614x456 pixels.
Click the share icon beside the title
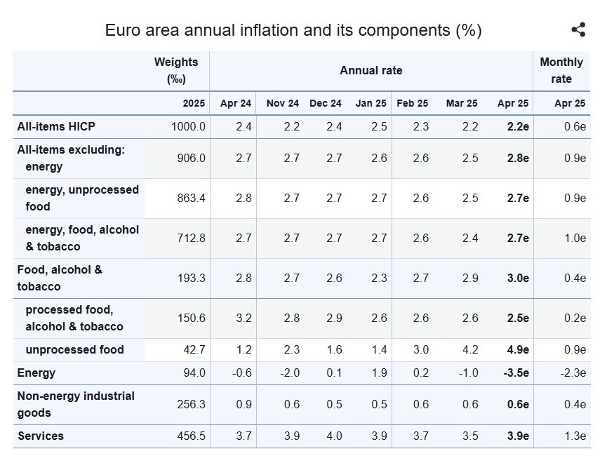tap(578, 29)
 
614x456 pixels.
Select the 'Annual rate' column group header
tap(371, 70)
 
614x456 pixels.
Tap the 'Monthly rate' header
tap(561, 70)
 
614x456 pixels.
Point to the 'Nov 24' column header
tap(282, 103)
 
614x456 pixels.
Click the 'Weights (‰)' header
tap(176, 70)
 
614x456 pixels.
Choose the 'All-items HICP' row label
tap(56, 126)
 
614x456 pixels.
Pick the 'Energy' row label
tap(36, 373)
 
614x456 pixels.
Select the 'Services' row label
tap(41, 436)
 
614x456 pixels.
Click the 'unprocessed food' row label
tap(74, 349)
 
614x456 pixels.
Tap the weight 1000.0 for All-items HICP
tap(188, 126)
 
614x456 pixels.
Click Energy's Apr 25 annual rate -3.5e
tap(516, 373)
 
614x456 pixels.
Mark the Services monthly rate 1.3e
tap(575, 436)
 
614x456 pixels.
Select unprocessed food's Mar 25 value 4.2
tap(470, 349)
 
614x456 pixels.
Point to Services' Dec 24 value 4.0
tap(334, 436)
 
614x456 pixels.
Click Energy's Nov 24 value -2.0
tap(290, 373)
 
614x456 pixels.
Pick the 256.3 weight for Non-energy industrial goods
tap(191, 404)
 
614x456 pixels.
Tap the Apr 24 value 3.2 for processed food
tap(243, 318)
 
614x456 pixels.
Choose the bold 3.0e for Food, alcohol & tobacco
tap(518, 278)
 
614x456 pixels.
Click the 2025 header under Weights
tap(194, 103)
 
